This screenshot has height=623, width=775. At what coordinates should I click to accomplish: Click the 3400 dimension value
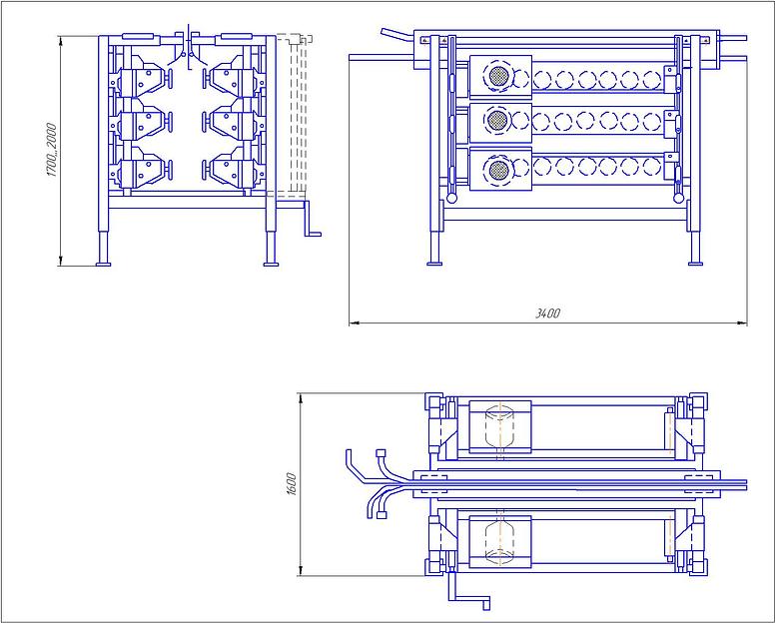point(547,313)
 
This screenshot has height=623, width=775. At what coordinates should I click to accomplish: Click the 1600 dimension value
point(291,484)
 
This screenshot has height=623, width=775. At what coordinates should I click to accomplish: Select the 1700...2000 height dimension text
point(51,150)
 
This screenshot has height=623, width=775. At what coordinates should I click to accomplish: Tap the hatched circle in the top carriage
point(498,77)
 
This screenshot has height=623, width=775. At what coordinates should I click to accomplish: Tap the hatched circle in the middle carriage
point(497,120)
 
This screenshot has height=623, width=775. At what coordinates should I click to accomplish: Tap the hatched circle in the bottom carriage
point(498,171)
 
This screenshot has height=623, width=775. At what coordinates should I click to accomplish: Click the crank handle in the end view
point(313,219)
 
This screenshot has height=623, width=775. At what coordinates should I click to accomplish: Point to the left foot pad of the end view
point(103,265)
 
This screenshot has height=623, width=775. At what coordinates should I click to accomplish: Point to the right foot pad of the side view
point(695,264)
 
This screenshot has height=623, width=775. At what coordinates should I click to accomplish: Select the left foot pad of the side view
point(434,264)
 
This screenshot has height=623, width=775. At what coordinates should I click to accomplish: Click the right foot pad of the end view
point(271,265)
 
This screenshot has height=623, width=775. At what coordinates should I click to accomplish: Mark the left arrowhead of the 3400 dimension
point(353,323)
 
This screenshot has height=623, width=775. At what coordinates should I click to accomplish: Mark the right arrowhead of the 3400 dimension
point(743,323)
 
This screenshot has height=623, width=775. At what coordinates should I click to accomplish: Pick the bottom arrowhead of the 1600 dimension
point(300,572)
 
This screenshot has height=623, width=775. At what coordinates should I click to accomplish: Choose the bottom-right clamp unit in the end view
point(233,171)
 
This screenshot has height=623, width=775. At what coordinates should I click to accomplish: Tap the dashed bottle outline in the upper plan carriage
point(499,426)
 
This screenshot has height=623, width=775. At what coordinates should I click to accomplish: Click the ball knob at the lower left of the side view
point(451,198)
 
